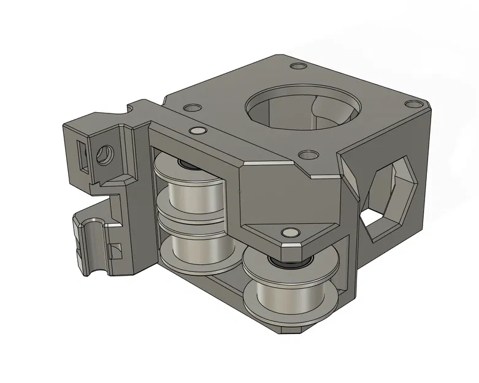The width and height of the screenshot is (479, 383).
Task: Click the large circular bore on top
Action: click(x=302, y=108)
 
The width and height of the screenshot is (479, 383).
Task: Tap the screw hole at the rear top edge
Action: click(x=298, y=66)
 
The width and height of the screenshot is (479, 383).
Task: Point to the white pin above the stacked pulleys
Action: click(x=197, y=131)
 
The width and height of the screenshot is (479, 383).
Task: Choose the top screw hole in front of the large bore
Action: click(x=305, y=156)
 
